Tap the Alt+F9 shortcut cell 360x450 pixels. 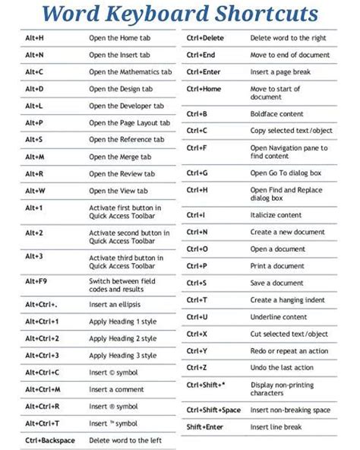click(x=36, y=281)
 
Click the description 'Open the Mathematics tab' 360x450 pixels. click(x=130, y=72)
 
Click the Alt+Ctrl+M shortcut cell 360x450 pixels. click(x=44, y=389)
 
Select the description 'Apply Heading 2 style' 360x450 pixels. click(x=123, y=338)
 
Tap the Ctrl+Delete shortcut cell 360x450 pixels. click(x=204, y=38)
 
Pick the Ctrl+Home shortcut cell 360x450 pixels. click(x=203, y=89)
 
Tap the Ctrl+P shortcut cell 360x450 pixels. click(x=197, y=266)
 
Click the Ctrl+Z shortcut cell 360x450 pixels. click(x=197, y=368)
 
